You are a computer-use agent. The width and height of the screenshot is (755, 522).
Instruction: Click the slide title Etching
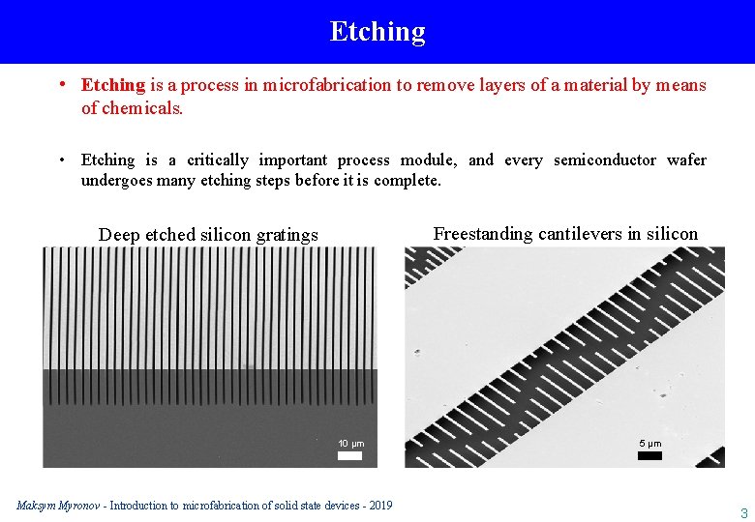tap(377, 32)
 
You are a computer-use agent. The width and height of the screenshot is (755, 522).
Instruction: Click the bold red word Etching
tap(112, 85)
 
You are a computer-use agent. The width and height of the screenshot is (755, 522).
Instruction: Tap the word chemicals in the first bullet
tap(141, 107)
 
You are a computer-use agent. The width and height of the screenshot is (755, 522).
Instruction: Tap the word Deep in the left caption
tap(119, 235)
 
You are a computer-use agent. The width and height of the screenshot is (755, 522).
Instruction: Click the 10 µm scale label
tap(350, 443)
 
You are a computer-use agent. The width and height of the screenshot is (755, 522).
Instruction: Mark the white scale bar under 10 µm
tap(350, 454)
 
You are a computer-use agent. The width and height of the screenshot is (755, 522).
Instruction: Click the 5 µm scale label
tap(650, 443)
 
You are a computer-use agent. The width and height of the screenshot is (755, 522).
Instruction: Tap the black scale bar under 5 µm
tap(650, 454)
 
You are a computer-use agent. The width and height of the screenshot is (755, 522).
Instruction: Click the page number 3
tap(743, 513)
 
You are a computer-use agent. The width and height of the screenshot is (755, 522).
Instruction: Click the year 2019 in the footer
tap(379, 506)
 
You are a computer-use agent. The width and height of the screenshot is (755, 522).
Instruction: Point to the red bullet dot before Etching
tap(61, 83)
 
